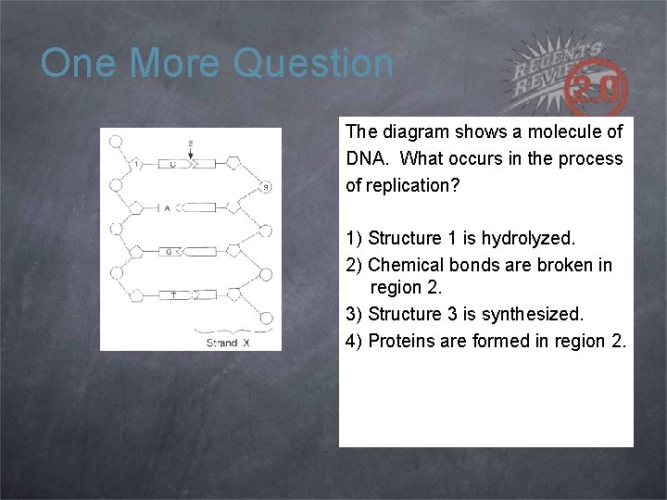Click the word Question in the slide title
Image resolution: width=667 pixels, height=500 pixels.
click(x=314, y=64)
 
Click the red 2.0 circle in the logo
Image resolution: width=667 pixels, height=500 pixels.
click(x=601, y=90)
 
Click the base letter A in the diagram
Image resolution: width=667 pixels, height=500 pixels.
click(x=168, y=208)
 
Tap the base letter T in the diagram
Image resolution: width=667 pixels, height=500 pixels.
click(x=173, y=294)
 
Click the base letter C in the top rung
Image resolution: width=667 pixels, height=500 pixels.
click(x=172, y=164)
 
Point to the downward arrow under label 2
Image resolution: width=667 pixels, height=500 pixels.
click(x=191, y=155)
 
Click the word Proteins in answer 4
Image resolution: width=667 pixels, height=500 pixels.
click(x=402, y=341)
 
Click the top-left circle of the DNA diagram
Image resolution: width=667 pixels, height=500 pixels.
click(x=117, y=142)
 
